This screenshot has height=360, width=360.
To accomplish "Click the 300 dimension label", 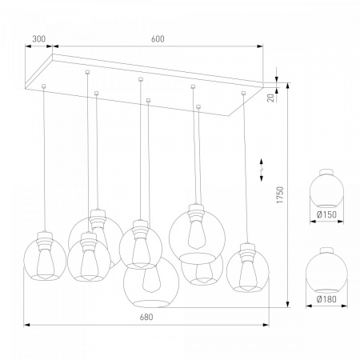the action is pyautogui.click(x=39, y=39).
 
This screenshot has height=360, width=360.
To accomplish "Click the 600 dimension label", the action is pyautogui.click(x=158, y=39).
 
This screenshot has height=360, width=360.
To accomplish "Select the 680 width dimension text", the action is pyautogui.click(x=146, y=317).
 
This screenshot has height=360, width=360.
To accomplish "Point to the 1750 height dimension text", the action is pyautogui.click(x=280, y=195).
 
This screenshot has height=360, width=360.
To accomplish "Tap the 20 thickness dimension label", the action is pyautogui.click(x=271, y=98).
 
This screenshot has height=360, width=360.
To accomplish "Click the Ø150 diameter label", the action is pyautogui.click(x=326, y=214).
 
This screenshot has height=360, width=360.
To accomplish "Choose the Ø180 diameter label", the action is pyautogui.click(x=326, y=299).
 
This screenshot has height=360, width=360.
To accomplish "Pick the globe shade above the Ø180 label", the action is pyautogui.click(x=326, y=270).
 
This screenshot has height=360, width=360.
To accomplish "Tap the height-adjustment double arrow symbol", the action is pyautogui.click(x=262, y=170).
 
